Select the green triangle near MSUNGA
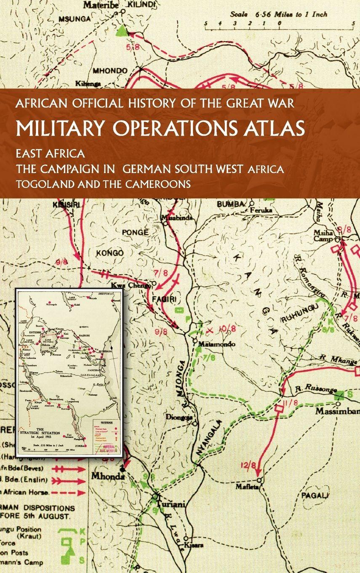point(122,30)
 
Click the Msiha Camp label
point(324,236)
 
